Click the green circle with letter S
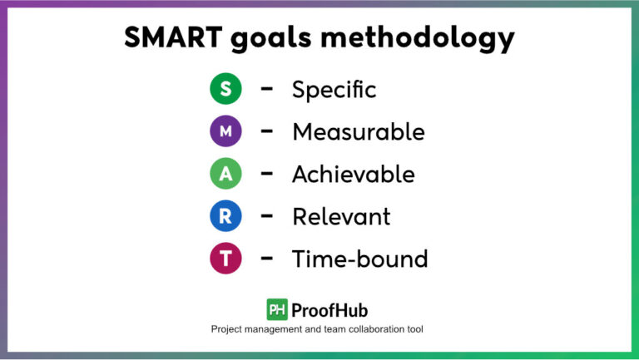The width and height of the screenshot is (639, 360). pos(225,89)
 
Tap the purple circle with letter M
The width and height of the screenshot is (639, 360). pos(225,131)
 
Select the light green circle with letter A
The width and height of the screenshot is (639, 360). pos(225,174)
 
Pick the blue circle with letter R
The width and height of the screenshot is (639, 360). pos(225,216)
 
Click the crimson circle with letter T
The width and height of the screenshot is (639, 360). pos(225,259)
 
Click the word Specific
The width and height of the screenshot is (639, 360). pos(334,90)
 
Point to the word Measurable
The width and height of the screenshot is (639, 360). pos(358,132)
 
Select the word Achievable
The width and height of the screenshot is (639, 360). pos(353,175)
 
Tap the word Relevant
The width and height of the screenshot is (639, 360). pos(341,217)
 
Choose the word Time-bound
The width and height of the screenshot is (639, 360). pos(359,259)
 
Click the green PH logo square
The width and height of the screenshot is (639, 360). pos(277,309)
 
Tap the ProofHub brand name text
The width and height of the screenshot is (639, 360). pos(332,309)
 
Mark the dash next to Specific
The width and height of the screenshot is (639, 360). pos(267,89)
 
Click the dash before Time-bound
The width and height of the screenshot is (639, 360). pos(267,259)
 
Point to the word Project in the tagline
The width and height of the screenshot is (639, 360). pos(229,329)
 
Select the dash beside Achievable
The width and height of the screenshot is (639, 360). pos(267,174)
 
